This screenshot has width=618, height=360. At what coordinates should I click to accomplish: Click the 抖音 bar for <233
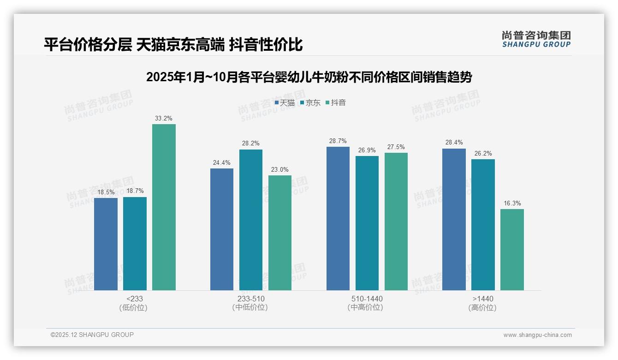[x=164, y=207]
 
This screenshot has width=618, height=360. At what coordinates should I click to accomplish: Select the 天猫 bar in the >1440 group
[x=454, y=219]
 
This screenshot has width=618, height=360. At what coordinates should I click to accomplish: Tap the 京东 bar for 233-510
[x=250, y=220]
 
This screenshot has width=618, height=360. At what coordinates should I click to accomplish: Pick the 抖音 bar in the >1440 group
[x=512, y=250]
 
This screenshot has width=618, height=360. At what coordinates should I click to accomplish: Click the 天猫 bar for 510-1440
[x=338, y=218]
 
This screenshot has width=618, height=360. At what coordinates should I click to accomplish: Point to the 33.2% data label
[x=164, y=119]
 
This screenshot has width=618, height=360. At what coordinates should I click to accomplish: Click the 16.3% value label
[x=512, y=204]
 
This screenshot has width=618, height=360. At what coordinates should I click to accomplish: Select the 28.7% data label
[x=338, y=141]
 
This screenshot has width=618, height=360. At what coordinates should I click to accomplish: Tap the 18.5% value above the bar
[x=106, y=192]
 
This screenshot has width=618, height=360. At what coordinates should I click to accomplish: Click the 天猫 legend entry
[x=285, y=103]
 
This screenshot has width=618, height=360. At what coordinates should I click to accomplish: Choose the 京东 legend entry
[x=310, y=103]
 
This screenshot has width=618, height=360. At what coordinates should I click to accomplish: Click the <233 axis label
[x=134, y=299]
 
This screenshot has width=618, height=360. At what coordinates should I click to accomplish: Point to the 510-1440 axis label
[x=367, y=299]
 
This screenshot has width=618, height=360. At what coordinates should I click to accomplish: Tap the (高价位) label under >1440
[x=482, y=308]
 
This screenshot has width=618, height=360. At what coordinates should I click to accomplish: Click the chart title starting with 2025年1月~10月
[x=309, y=77]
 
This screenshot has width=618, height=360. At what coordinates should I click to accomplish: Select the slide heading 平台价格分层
[x=173, y=44]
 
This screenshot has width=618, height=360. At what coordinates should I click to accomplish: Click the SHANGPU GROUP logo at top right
[x=536, y=39]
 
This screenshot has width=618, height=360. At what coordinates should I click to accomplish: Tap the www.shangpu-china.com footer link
[x=537, y=335]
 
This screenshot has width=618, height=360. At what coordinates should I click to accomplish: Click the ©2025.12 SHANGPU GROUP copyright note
[x=92, y=335]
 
